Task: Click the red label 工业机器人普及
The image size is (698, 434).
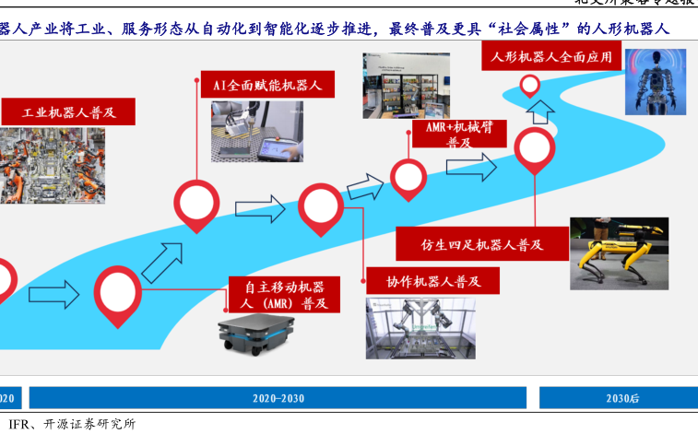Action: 70,112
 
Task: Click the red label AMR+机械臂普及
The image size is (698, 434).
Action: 458,135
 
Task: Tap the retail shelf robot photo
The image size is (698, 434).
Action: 407,84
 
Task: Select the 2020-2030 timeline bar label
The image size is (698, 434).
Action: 278,398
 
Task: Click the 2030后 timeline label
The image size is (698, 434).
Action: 621,398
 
